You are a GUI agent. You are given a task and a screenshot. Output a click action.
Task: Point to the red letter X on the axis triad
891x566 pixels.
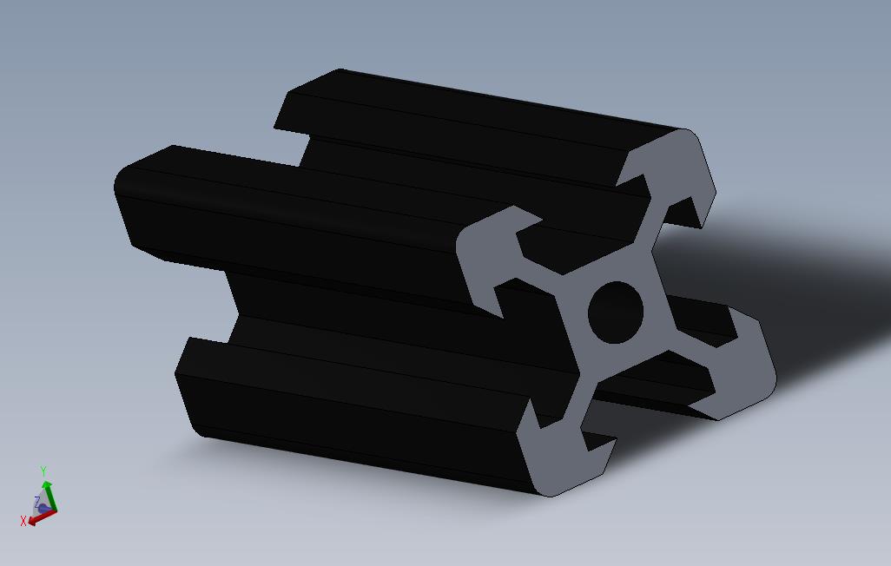pyautogui.click(x=23, y=521)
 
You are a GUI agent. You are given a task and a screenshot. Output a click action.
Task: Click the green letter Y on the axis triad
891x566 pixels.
pyautogui.click(x=43, y=471)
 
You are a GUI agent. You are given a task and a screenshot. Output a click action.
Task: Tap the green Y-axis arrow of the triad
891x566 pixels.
pyautogui.click(x=50, y=495)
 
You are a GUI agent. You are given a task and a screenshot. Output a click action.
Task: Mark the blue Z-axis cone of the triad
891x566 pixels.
pyautogui.click(x=43, y=507)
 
